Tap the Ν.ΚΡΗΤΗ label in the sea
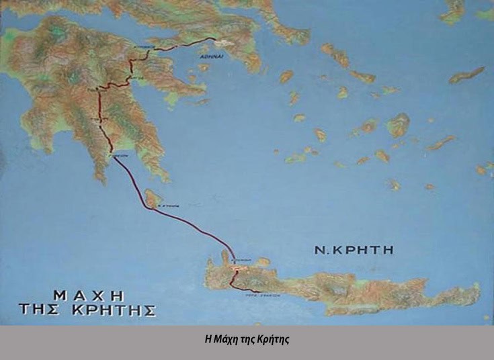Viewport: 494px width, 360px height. coord(354,251)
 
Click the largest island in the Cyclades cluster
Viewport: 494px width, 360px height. coord(398,124)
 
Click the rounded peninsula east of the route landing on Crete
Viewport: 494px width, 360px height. coord(263,262)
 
